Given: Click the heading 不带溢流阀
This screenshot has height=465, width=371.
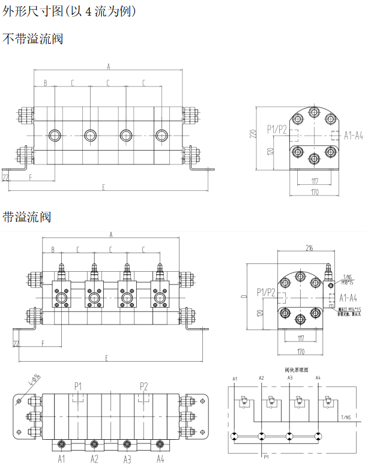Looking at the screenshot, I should (33, 39).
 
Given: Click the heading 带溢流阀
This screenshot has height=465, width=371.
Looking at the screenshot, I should (27, 217).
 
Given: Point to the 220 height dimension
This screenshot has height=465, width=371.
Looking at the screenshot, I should (254, 134).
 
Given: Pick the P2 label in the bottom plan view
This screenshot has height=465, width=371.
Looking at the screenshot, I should (144, 385).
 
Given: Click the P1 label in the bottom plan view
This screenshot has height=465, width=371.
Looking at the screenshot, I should (78, 385).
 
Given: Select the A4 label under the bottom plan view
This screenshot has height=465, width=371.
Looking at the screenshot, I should (160, 459).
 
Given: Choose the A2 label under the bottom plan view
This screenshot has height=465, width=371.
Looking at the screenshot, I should (94, 459).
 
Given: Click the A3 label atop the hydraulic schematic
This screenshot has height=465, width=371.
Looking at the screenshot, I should (290, 378).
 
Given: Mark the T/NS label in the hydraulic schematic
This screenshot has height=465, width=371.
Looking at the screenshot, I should (346, 417).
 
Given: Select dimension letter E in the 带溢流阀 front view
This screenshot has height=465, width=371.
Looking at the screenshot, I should (106, 358).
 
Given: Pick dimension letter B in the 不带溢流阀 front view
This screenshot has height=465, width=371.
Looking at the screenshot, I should (45, 82).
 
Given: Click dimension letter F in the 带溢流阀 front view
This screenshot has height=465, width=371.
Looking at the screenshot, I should (43, 343).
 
